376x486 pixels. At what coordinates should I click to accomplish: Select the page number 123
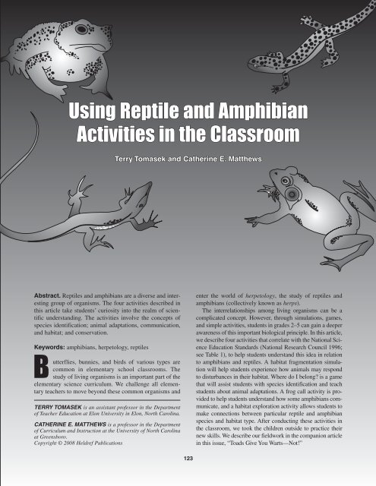pos(188,459)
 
